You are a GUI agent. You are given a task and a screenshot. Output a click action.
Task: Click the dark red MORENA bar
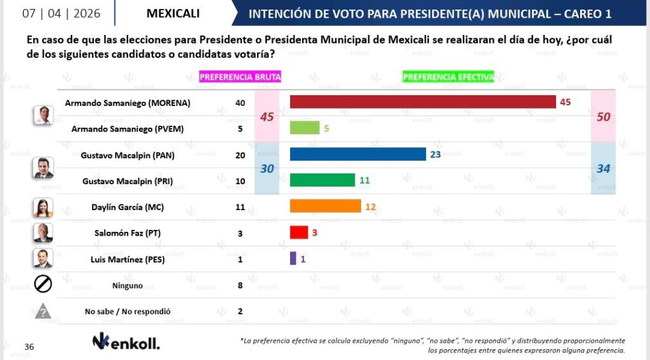[x=422, y=102]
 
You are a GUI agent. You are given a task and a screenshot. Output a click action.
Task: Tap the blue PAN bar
[x=357, y=154]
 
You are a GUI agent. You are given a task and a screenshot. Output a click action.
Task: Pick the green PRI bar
[x=322, y=180]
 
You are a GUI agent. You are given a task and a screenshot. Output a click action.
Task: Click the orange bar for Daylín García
[x=325, y=206]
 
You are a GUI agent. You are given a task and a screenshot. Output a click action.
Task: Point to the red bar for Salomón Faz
[x=298, y=232]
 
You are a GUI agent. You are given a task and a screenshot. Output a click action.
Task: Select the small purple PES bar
[x=293, y=258]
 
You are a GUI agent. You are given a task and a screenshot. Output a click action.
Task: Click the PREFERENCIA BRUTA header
[x=240, y=77]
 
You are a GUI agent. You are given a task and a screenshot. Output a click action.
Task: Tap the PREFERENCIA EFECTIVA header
[x=448, y=77]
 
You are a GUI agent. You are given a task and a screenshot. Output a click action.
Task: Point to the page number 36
[x=29, y=347]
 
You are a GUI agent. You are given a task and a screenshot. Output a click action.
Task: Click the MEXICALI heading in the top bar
[x=173, y=13]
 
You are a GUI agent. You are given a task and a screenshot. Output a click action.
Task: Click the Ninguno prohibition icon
[x=43, y=285]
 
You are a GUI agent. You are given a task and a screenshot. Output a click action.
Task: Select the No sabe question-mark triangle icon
[x=43, y=311]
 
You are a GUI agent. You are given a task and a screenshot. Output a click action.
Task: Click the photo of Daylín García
[x=43, y=207]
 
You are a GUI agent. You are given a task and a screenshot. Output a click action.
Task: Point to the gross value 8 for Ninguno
[x=240, y=285]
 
